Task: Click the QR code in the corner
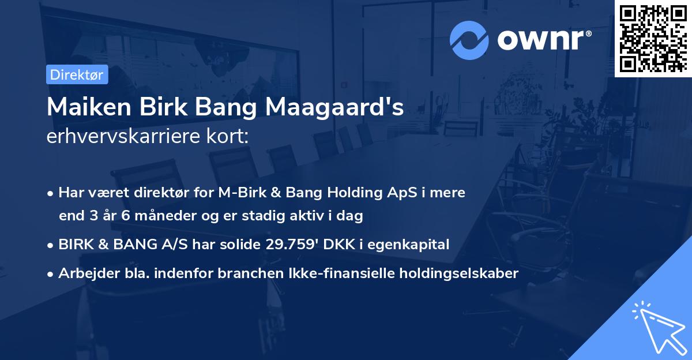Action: pos(653,39)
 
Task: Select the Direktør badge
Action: pos(76,75)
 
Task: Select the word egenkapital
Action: pos(413,245)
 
